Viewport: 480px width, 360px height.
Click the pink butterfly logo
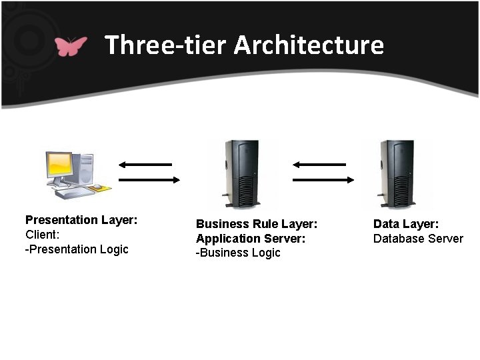tap(71, 45)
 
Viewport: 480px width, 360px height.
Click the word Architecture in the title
tap(309, 45)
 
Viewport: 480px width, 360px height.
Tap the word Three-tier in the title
tap(166, 45)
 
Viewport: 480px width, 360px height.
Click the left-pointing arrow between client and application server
tap(145, 164)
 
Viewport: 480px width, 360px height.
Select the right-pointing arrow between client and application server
tap(149, 179)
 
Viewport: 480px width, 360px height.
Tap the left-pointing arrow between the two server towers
tap(319, 164)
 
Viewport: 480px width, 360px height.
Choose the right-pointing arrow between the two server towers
tap(323, 179)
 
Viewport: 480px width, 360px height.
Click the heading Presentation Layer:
tap(81, 220)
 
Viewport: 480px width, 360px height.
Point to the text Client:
tap(43, 235)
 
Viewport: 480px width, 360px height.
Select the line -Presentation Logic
tap(77, 249)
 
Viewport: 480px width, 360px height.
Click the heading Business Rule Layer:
tap(257, 224)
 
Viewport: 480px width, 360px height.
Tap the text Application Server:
tap(251, 239)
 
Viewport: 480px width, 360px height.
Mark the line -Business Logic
tap(238, 253)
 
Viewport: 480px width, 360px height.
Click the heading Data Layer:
tap(406, 224)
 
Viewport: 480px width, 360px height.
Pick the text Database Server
tap(418, 239)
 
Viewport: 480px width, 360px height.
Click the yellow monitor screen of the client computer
tap(59, 164)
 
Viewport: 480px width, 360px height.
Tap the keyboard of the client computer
tap(73, 193)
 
